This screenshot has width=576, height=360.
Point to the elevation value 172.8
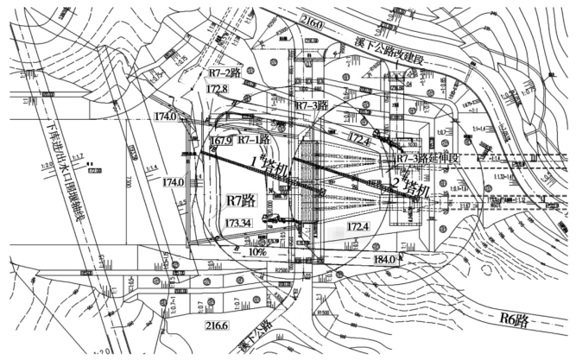click(218, 89)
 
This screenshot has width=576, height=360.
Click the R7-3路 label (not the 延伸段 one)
click(313, 104)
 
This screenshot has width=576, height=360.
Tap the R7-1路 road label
click(255, 138)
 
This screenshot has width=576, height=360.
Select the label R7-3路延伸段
click(427, 160)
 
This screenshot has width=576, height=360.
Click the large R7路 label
click(241, 200)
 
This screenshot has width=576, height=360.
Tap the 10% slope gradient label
click(257, 253)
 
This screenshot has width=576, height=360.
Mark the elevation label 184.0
click(385, 259)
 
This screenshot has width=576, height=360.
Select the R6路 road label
click(515, 319)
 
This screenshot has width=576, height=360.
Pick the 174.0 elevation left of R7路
click(173, 182)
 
